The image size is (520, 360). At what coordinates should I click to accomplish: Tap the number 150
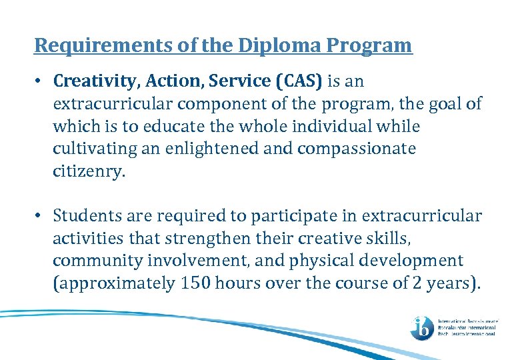pyautogui.click(x=194, y=283)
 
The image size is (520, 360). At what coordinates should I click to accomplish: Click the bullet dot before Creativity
pyautogui.click(x=40, y=82)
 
